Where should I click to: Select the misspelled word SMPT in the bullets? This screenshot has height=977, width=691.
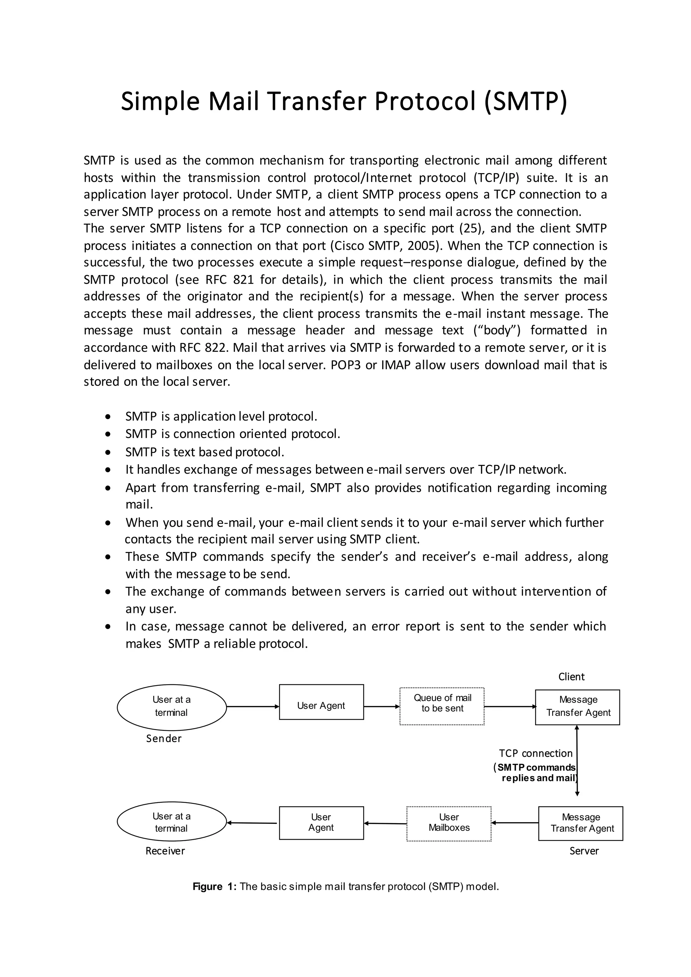[x=326, y=487]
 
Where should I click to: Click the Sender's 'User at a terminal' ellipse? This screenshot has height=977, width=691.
[x=171, y=707]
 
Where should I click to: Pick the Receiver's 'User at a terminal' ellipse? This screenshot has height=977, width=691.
[x=171, y=822]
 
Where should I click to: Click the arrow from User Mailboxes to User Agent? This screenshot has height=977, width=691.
[x=385, y=824]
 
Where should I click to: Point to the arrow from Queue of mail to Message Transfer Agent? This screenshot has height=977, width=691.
[x=510, y=707]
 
